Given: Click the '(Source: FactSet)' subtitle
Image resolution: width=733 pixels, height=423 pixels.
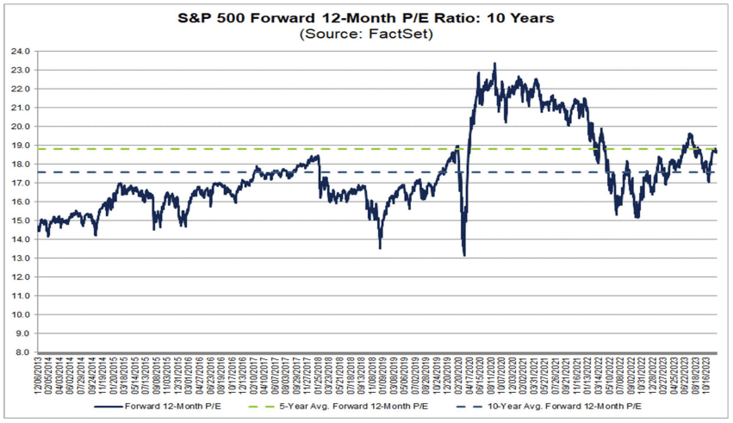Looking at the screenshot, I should (365, 34).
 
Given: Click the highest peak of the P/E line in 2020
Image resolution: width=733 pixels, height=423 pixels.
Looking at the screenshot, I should (494, 63).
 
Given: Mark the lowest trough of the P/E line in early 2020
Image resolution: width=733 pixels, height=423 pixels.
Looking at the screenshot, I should (464, 255).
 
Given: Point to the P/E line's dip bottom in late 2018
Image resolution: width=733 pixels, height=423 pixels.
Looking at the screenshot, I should (380, 248).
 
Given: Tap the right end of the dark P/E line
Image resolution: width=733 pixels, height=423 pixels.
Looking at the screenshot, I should (717, 152).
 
